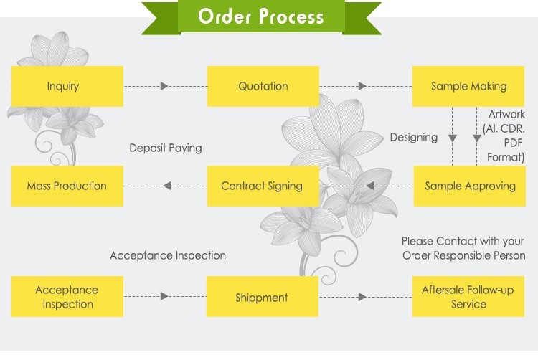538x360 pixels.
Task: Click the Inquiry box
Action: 67,86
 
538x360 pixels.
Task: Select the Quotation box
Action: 263,86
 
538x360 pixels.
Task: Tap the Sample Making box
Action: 468,86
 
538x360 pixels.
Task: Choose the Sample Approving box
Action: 470,186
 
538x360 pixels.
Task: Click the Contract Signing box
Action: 263,186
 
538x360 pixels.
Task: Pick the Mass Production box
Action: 67,186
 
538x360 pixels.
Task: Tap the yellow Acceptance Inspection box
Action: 67,297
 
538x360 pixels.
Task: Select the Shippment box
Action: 263,297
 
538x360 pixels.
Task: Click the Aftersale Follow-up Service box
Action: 468,297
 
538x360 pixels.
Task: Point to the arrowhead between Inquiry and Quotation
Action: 164,86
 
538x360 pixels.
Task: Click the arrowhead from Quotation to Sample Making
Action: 362,86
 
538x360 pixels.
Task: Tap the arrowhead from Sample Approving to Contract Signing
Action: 370,186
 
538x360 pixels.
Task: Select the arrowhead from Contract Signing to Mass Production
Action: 167,186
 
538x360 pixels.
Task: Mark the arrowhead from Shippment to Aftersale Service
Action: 362,297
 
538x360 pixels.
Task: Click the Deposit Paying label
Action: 166,148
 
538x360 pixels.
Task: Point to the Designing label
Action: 414,138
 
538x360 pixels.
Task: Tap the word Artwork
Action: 506,114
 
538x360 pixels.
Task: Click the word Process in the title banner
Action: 291,16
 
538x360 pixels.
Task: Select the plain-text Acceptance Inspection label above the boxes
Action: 168,255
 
